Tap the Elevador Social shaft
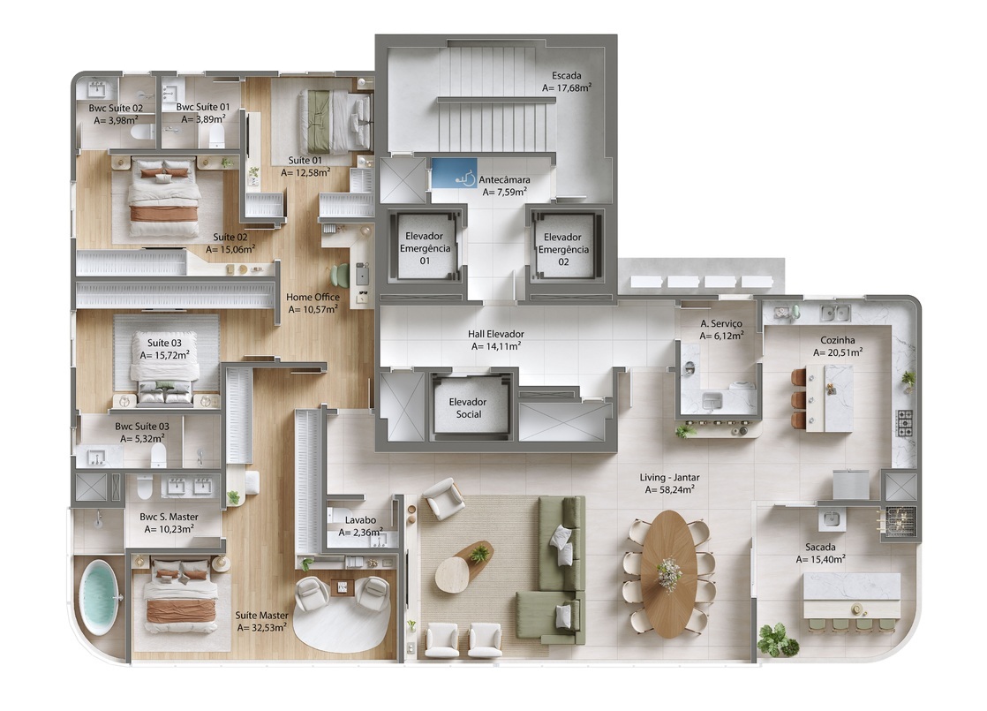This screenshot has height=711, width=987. coord(469,405)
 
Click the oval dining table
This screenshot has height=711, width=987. coord(668,573)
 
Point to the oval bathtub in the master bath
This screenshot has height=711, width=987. coord(98,597)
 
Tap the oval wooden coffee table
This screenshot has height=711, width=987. coord(463,566)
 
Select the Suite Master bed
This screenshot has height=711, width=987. coord(180,594)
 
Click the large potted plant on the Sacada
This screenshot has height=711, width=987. coord(776,638)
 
